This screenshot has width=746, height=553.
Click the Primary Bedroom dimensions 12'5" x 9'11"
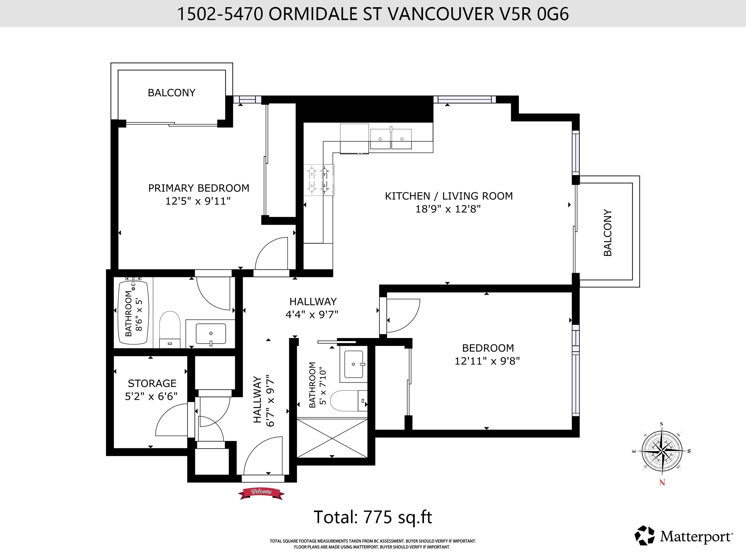[x=198, y=201]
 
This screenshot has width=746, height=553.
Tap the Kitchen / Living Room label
[x=448, y=196]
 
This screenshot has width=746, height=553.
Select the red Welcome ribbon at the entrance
[x=261, y=492]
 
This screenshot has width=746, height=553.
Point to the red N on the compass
[x=662, y=482]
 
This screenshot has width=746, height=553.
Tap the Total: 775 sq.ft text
[x=373, y=517]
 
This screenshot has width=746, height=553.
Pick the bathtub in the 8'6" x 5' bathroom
[x=133, y=313]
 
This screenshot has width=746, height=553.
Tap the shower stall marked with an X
[x=332, y=437]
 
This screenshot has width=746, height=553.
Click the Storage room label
[x=152, y=383]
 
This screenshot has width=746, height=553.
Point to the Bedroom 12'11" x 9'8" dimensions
[x=487, y=361]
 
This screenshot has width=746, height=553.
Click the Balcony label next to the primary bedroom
[x=172, y=93]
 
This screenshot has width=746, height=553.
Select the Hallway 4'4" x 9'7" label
[x=312, y=308]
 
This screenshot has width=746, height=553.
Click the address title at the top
[x=372, y=14]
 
